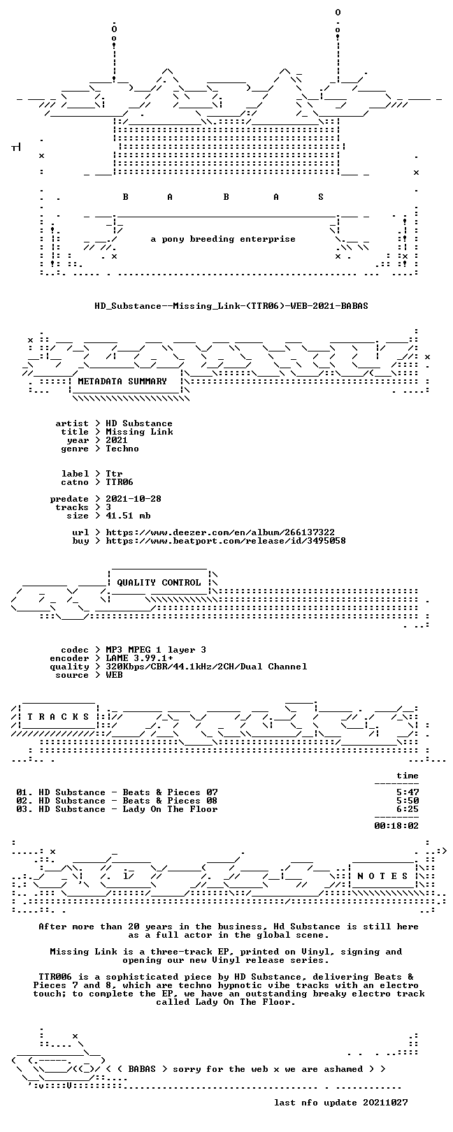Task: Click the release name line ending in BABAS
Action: (x=231, y=306)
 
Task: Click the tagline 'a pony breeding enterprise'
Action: (x=223, y=239)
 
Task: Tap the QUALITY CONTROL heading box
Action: (x=159, y=582)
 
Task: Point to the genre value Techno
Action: (x=122, y=449)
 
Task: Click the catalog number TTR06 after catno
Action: (x=120, y=482)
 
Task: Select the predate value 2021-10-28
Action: (x=134, y=499)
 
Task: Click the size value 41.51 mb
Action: (x=128, y=516)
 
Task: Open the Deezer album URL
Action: (x=220, y=532)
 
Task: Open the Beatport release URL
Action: (x=226, y=541)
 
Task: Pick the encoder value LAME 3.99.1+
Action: (x=139, y=658)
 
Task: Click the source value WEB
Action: (x=114, y=674)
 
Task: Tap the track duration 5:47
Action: (x=408, y=792)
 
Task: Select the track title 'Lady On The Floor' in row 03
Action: (x=170, y=809)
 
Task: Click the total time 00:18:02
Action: (x=397, y=826)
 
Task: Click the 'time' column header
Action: (x=408, y=776)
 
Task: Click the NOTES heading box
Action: (x=382, y=876)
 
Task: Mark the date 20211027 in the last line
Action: (x=385, y=1102)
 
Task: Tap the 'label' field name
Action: (x=75, y=474)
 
